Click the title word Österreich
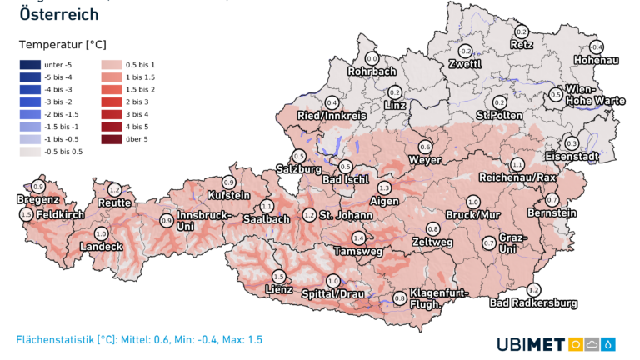point(58,14)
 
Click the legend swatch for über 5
point(111,138)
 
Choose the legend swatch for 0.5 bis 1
point(111,64)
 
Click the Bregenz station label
point(37,199)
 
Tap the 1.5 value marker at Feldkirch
point(26,214)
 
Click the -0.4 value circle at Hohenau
point(596,47)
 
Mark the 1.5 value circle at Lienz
point(278,276)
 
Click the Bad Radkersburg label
point(533,303)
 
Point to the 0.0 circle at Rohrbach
point(372,59)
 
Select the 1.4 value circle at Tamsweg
point(358,237)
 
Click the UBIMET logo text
point(530,344)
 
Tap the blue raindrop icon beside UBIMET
point(610,344)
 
